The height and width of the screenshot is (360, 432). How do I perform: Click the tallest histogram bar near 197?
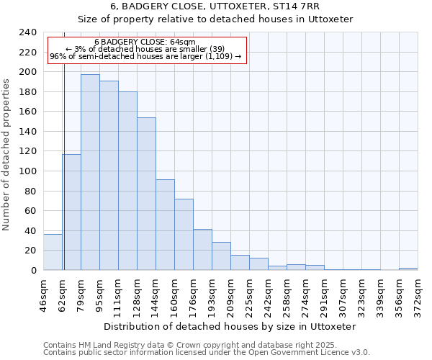click(90, 172)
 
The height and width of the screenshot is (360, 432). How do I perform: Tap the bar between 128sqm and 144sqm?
click(146, 194)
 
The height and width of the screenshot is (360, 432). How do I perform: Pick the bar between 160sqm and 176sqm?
click(184, 234)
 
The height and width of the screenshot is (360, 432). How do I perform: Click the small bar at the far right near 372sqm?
click(408, 269)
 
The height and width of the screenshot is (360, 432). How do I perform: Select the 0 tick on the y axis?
click(34, 270)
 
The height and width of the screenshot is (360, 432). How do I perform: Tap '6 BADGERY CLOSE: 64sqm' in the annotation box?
click(145, 42)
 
